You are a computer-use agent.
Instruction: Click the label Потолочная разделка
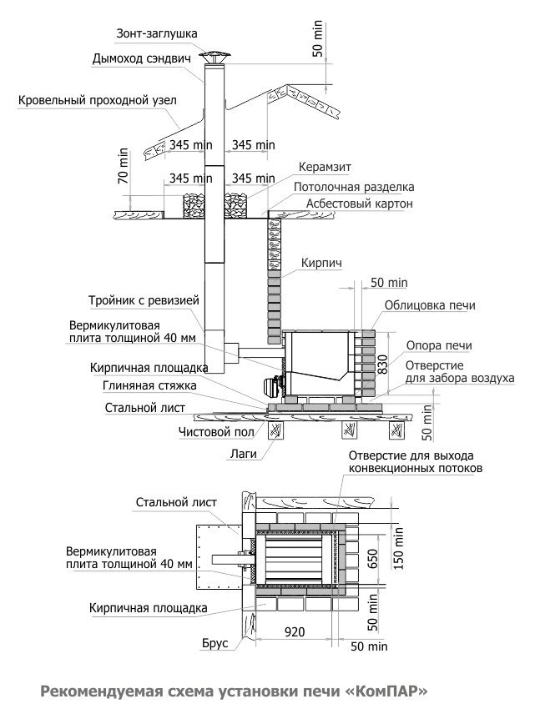pyautogui.click(x=354, y=187)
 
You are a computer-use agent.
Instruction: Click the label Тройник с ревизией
pyautogui.click(x=144, y=300)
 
